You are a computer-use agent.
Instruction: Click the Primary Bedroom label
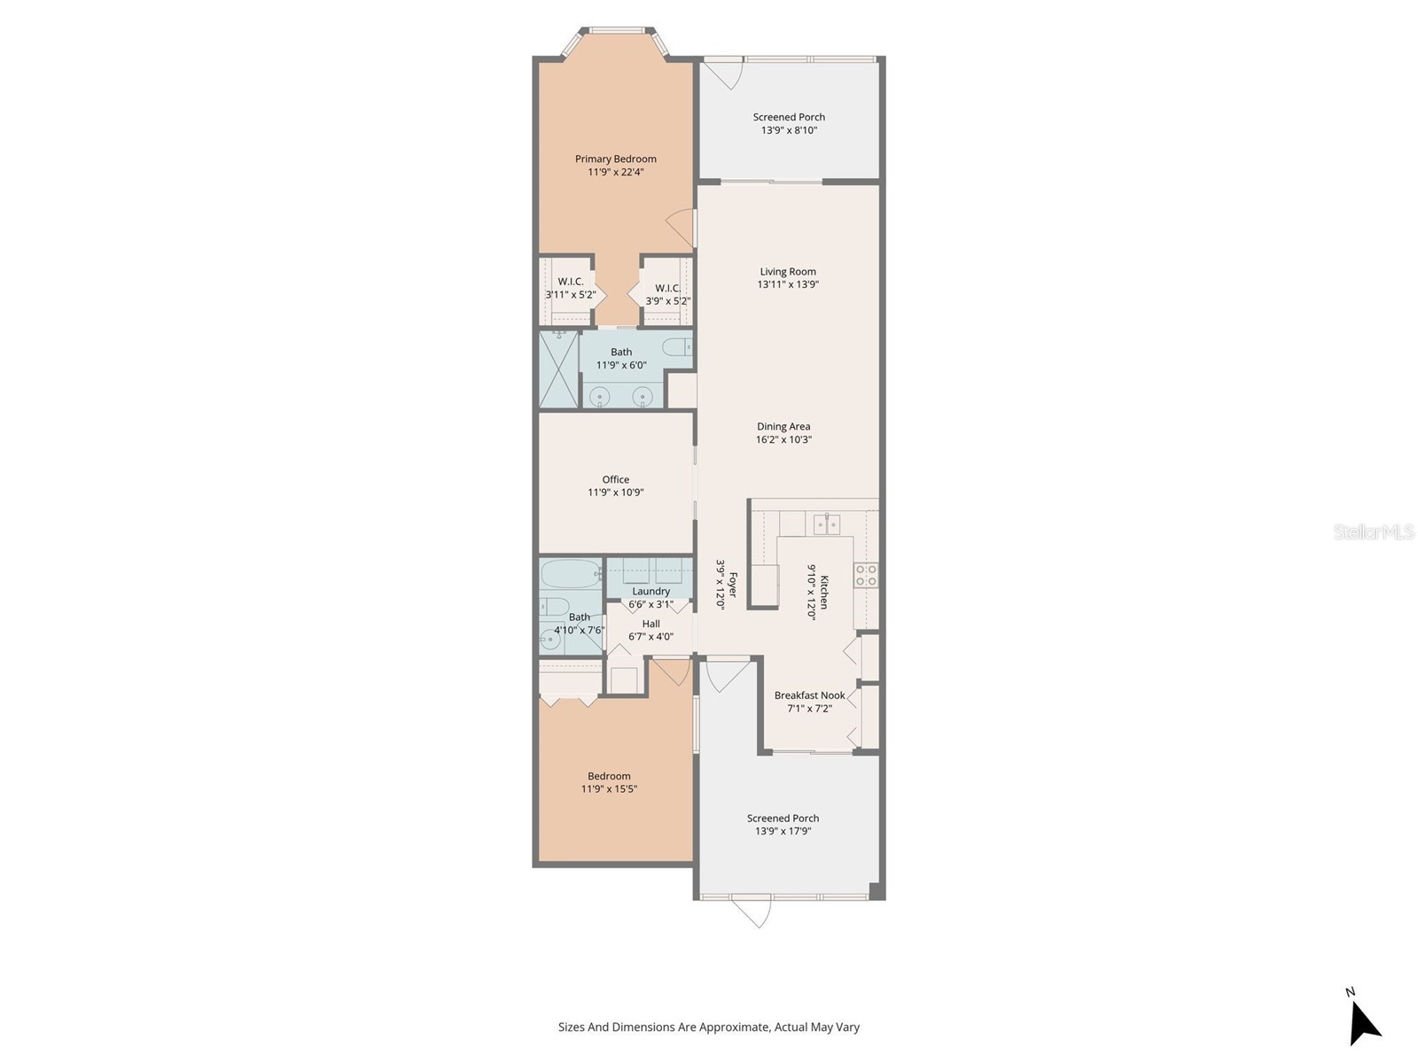click(616, 159)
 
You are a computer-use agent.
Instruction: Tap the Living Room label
click(788, 272)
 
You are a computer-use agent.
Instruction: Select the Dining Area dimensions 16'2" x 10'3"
click(783, 439)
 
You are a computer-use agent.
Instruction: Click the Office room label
click(616, 479)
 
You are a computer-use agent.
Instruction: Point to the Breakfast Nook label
click(809, 695)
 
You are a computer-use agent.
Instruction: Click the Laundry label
click(651, 591)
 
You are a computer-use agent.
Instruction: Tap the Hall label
click(651, 624)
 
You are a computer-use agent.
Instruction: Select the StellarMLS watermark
click(1374, 532)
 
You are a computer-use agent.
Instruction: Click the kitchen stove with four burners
click(866, 575)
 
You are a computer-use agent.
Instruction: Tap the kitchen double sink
click(827, 524)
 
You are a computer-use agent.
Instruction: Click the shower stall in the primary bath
click(559, 369)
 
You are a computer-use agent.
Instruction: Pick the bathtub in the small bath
click(572, 574)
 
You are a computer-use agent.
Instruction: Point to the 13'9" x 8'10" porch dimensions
click(789, 130)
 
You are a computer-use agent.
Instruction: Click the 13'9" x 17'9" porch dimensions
click(783, 831)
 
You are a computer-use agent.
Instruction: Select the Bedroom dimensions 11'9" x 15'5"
click(609, 788)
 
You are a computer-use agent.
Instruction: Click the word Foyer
click(732, 586)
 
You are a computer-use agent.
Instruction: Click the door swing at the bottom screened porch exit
click(752, 912)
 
